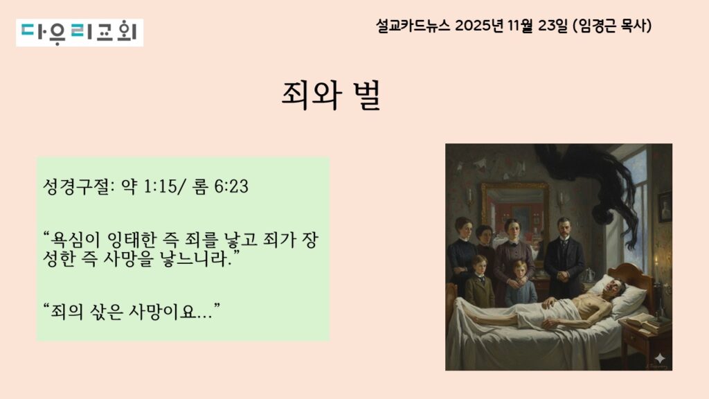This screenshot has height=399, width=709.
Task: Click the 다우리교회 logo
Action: [80, 33]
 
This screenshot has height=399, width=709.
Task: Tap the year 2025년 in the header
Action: [479, 26]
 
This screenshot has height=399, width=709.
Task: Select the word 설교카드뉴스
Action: [413, 26]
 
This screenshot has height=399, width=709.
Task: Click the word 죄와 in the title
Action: [311, 95]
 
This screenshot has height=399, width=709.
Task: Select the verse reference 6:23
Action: [231, 186]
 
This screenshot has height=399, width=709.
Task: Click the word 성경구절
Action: [78, 186]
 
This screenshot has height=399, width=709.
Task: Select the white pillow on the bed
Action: [622, 294]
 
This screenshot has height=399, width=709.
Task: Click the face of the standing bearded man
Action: [564, 229]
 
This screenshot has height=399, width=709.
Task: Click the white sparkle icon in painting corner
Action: [660, 359]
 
